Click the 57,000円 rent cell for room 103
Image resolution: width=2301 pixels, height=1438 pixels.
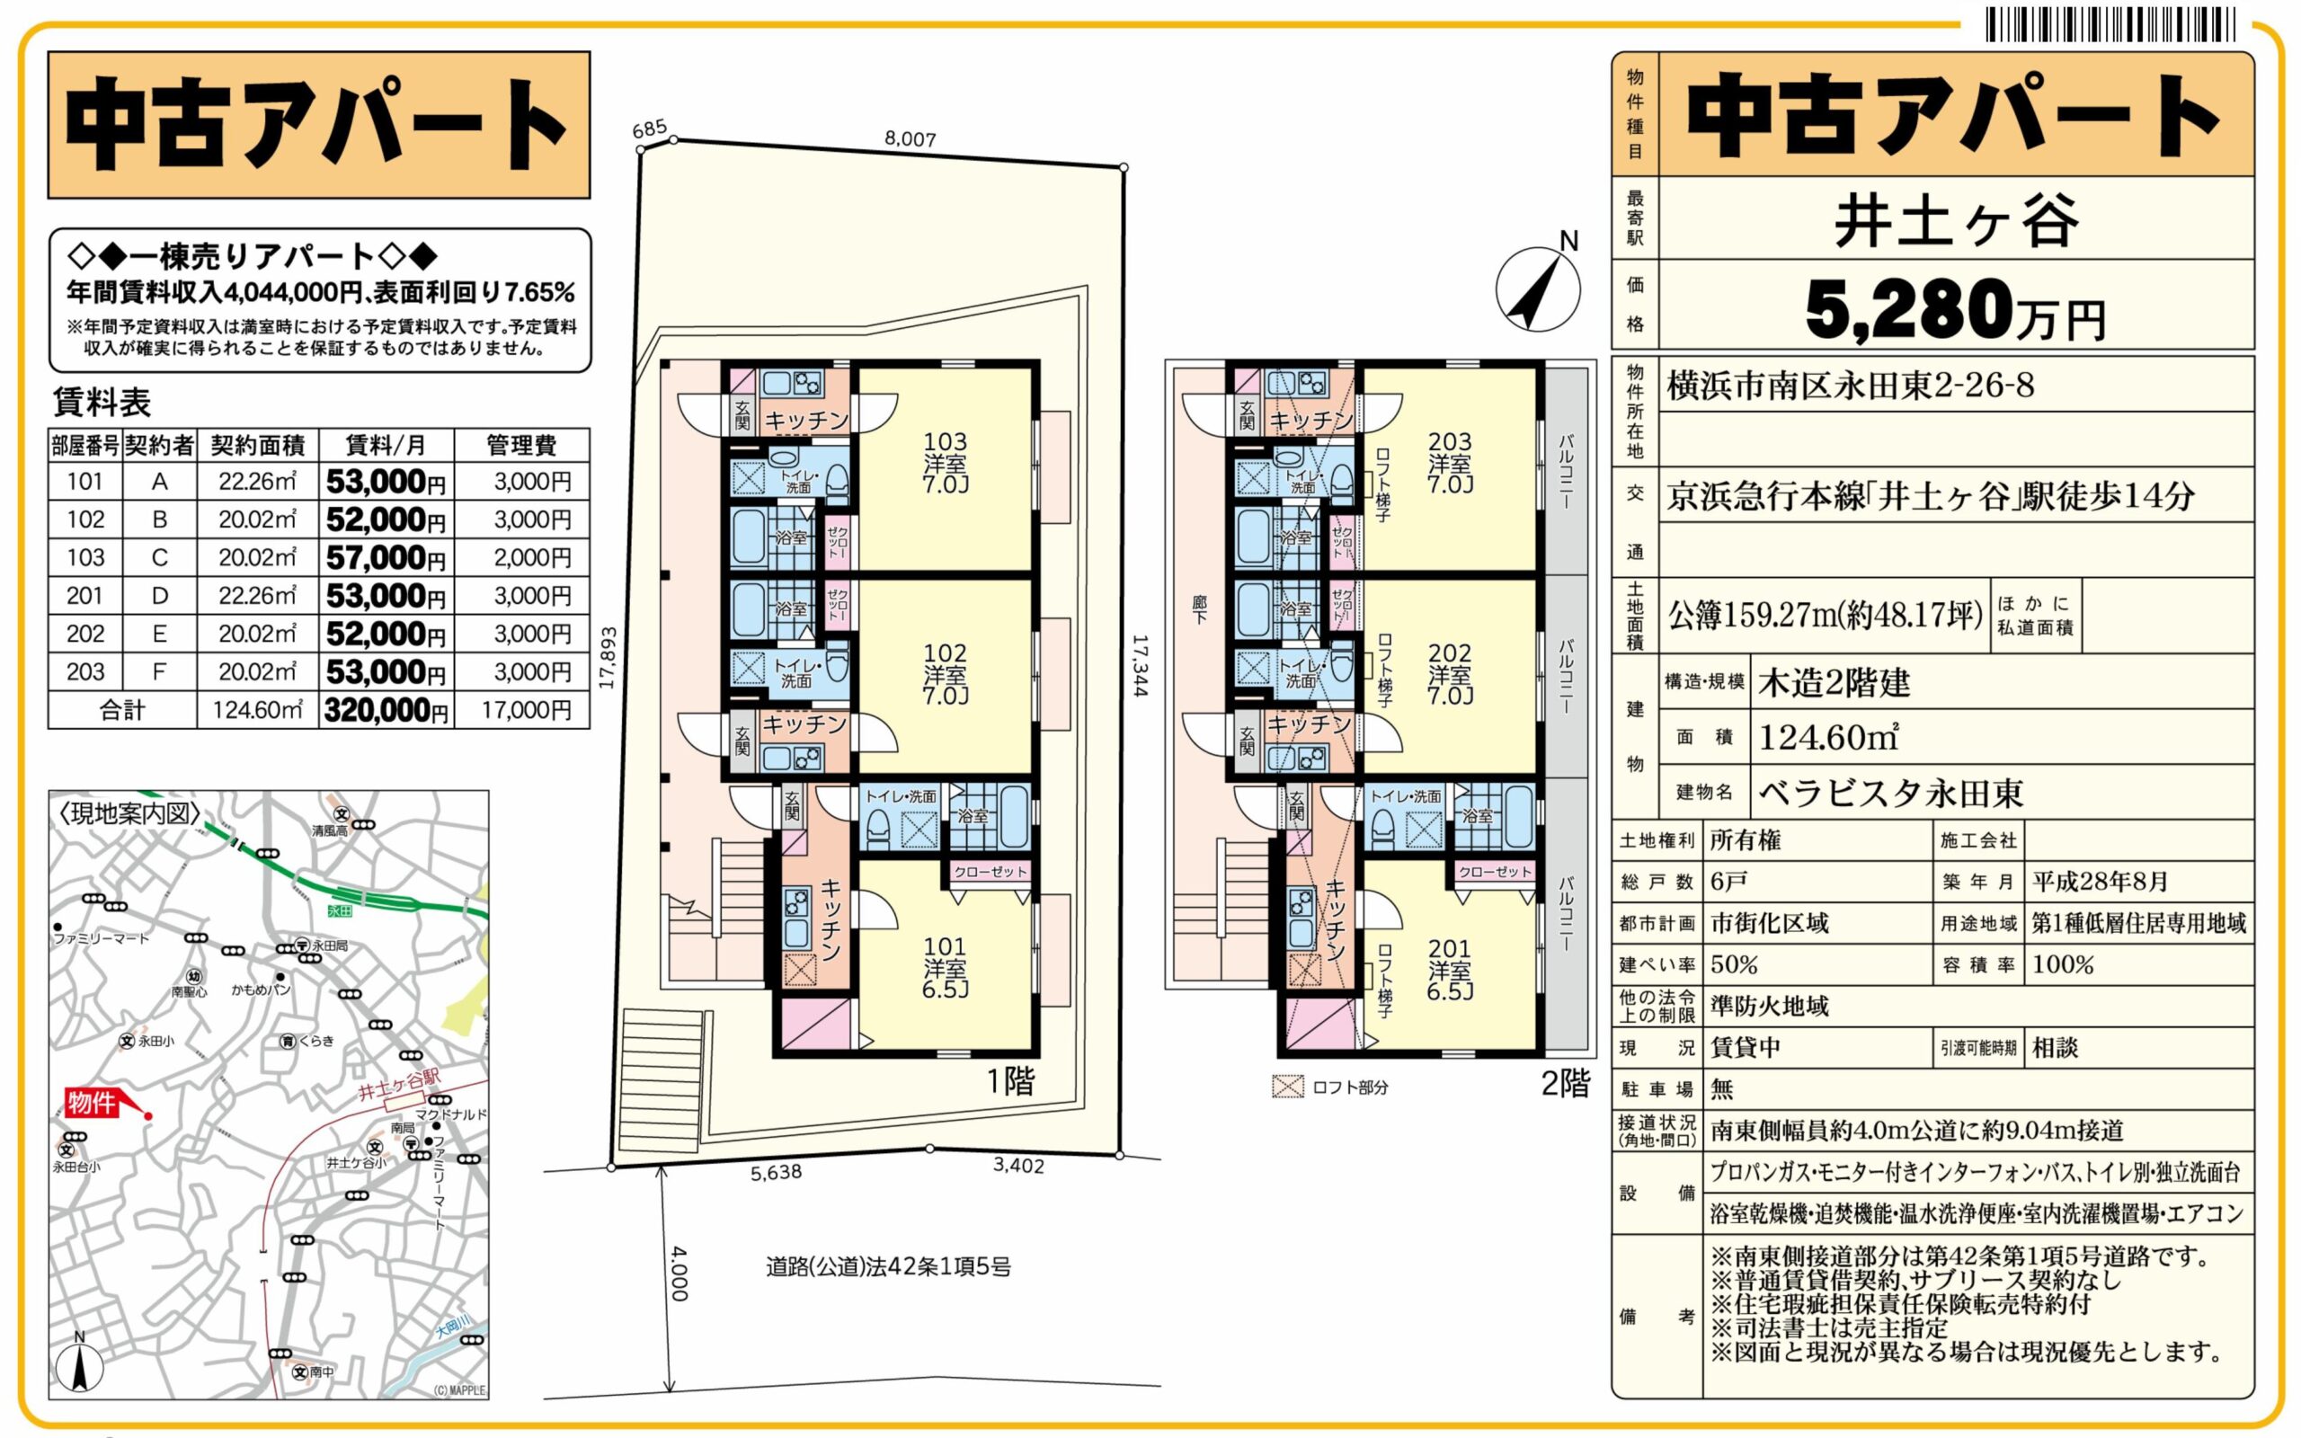385,557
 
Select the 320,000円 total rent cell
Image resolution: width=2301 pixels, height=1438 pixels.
385,710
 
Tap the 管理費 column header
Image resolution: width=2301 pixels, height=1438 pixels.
521,445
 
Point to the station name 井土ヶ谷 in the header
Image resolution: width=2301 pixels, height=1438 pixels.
1955,221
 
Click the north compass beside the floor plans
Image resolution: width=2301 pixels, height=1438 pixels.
1538,288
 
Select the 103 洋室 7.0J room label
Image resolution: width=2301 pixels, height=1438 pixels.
946,463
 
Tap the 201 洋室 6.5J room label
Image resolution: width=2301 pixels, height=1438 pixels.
1449,969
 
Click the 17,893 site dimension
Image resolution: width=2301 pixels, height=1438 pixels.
609,656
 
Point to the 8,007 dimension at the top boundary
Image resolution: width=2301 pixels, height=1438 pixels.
910,138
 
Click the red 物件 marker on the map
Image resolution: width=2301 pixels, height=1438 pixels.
93,1104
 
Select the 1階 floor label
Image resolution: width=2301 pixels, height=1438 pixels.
1009,1081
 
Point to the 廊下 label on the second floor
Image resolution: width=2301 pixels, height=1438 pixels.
1200,609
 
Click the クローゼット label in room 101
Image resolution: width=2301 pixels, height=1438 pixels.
990,871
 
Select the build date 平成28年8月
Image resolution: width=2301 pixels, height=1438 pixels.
2100,882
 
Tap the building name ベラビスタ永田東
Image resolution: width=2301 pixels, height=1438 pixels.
1890,792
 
